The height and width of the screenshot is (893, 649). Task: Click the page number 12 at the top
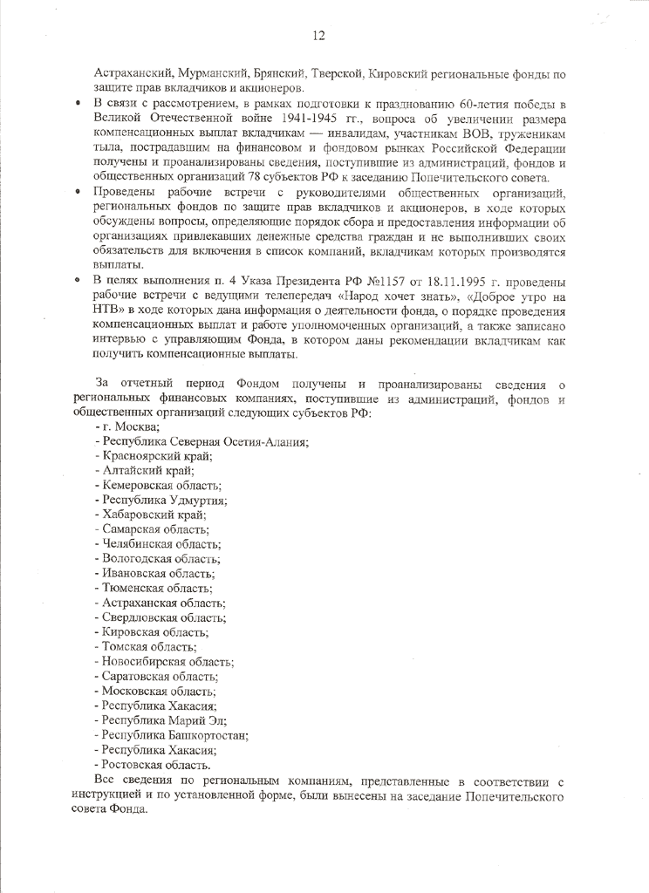click(319, 36)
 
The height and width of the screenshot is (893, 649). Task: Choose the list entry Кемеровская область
click(161, 485)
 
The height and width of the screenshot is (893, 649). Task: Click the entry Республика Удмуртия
click(161, 500)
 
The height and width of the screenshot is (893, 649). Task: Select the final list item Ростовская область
click(156, 765)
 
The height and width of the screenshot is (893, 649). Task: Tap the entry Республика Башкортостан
click(172, 735)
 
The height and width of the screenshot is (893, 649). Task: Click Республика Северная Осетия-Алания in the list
click(202, 441)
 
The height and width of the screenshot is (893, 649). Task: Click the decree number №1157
click(387, 282)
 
